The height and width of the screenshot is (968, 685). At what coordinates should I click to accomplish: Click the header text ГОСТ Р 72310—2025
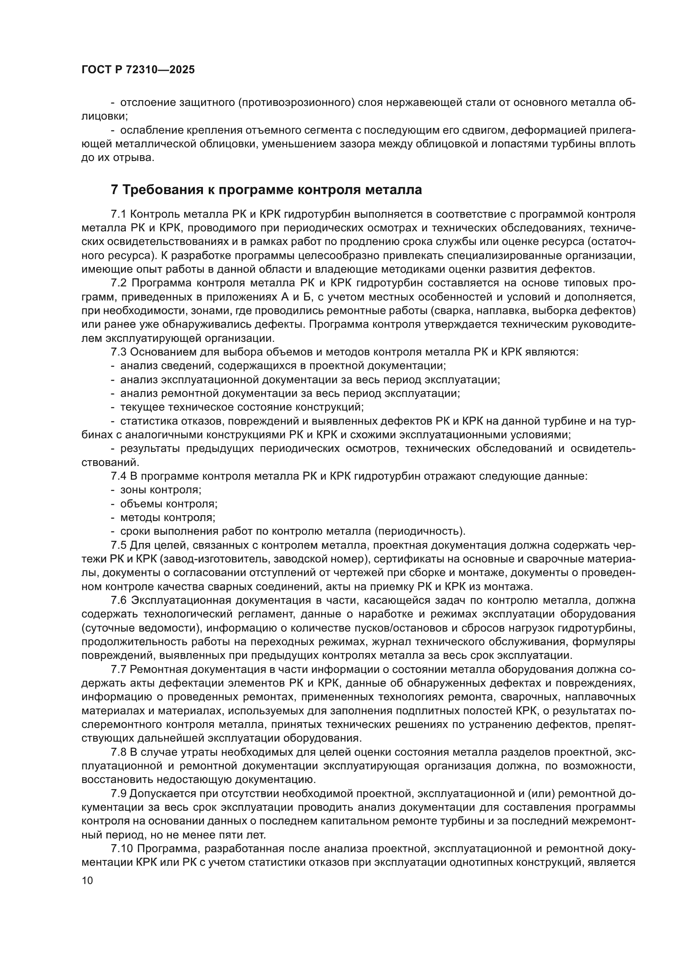(138, 70)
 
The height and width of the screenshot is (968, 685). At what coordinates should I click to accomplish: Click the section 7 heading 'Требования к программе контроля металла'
(266, 190)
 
